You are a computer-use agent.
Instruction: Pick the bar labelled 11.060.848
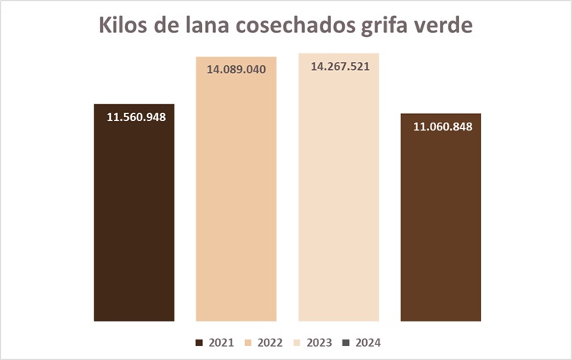[441, 228]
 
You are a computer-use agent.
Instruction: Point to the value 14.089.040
[236, 69]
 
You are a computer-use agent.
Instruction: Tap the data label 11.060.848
[442, 127]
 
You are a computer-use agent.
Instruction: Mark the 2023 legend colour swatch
[297, 343]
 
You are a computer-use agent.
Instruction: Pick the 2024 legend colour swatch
[346, 343]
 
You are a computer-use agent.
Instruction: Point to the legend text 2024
[368, 343]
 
